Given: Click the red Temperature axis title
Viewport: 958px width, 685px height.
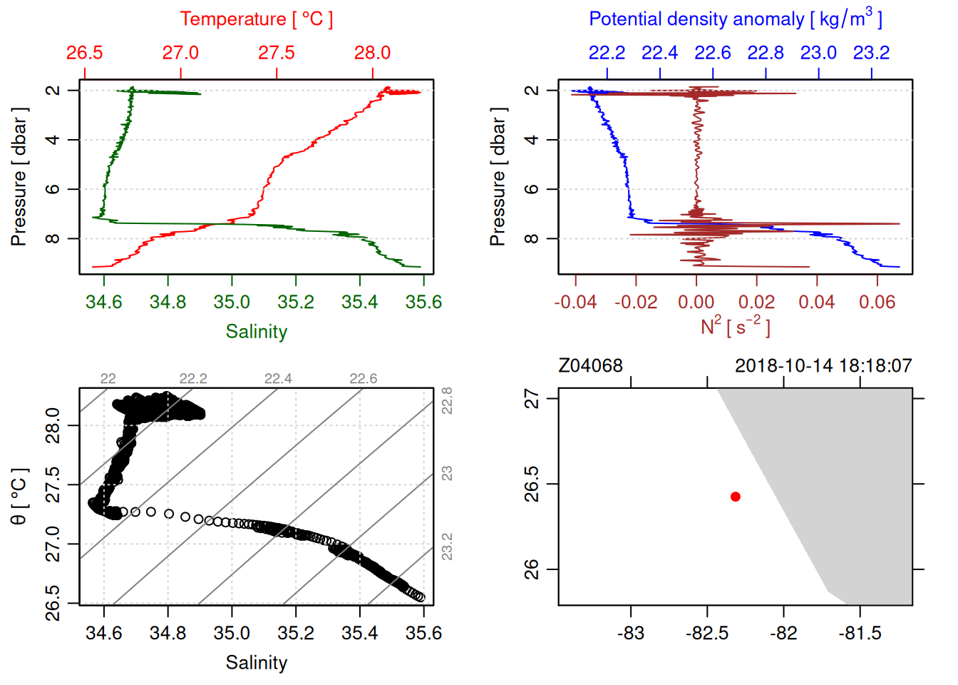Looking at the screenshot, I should [256, 19].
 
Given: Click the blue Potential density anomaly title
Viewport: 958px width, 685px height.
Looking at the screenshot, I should [735, 19].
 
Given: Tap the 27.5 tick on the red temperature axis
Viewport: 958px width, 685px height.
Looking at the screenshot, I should [277, 53].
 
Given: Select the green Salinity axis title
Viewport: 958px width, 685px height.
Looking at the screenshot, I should [257, 332].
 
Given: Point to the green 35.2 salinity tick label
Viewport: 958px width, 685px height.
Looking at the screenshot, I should [296, 302].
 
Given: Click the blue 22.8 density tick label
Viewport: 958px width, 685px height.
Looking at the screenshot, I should [766, 53].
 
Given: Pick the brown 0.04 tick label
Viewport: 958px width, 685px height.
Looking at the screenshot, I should [817, 302].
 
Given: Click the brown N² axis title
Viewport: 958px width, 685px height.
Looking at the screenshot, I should [735, 327].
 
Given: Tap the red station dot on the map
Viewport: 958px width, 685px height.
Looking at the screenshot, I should [736, 497].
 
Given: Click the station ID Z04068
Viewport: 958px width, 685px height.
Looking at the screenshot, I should [590, 366].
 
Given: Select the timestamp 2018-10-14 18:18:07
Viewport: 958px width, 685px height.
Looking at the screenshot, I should [823, 366].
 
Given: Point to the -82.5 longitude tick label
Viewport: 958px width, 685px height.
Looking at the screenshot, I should [707, 633].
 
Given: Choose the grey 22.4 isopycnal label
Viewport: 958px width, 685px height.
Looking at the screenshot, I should [278, 378].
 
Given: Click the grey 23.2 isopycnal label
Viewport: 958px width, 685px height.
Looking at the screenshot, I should [447, 547].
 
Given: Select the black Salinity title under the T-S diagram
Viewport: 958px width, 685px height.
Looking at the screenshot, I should [257, 663].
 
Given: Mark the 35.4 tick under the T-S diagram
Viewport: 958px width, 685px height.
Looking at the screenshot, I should [360, 633].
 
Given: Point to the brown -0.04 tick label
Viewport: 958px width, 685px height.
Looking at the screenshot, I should [575, 302].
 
